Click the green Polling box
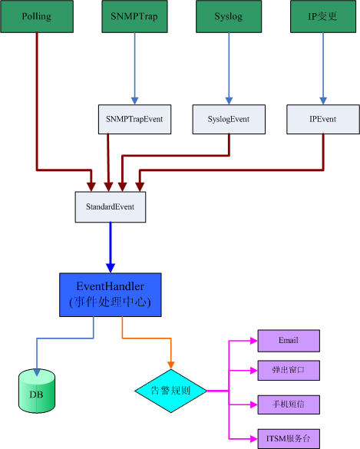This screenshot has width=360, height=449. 37,16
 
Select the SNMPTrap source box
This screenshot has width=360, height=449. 134,16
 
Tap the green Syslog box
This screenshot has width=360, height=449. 229,16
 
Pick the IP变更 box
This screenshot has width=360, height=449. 323,16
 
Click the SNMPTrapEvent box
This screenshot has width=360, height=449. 134,119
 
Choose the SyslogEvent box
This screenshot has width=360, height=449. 229,119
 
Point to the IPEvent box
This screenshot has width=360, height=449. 323,119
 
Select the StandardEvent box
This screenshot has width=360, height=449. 111,206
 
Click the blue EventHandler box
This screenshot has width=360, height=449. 111,295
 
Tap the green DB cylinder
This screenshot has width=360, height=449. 37,391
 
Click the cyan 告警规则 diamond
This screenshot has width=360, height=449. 170,391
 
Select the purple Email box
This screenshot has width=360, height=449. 289,341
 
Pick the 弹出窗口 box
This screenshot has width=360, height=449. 289,371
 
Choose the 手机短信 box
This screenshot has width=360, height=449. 289,404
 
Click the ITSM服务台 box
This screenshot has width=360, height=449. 289,439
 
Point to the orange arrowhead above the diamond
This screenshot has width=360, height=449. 171,365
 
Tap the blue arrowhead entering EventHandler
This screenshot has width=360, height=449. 111,268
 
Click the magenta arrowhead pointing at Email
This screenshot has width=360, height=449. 254,341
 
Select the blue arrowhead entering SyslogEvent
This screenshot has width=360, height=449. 229,101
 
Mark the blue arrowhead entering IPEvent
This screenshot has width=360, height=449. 323,101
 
